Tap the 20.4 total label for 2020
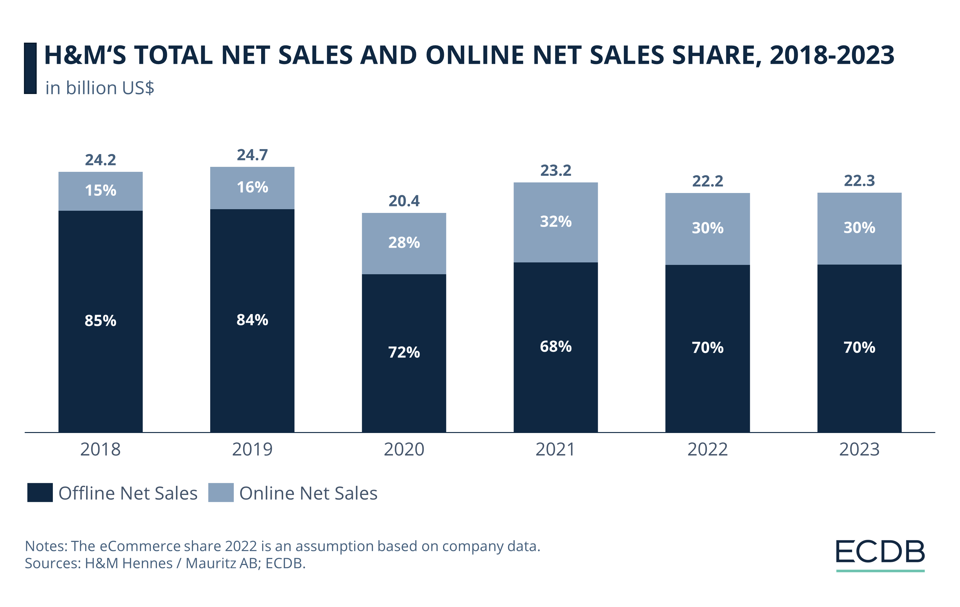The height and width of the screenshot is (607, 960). pos(404,201)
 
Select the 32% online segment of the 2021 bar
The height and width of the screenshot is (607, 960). pos(555,222)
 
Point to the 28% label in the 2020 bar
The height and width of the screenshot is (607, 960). pos(404,242)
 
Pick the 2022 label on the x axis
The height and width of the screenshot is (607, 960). pos(707,449)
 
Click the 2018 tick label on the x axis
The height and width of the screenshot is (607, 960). pos(100,449)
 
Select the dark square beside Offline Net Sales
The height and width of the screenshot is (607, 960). pos(40,492)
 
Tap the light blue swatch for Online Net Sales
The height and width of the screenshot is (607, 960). pos(221,492)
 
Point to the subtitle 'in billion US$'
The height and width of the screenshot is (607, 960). pos(100,88)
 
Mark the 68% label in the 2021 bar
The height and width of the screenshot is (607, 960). pos(555,346)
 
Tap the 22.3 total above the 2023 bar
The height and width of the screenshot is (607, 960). pos(859,181)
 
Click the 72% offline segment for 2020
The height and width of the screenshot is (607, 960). pos(404,352)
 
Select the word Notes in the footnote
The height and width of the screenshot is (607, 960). pos(45,546)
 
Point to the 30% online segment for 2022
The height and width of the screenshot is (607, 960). pos(707,228)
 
